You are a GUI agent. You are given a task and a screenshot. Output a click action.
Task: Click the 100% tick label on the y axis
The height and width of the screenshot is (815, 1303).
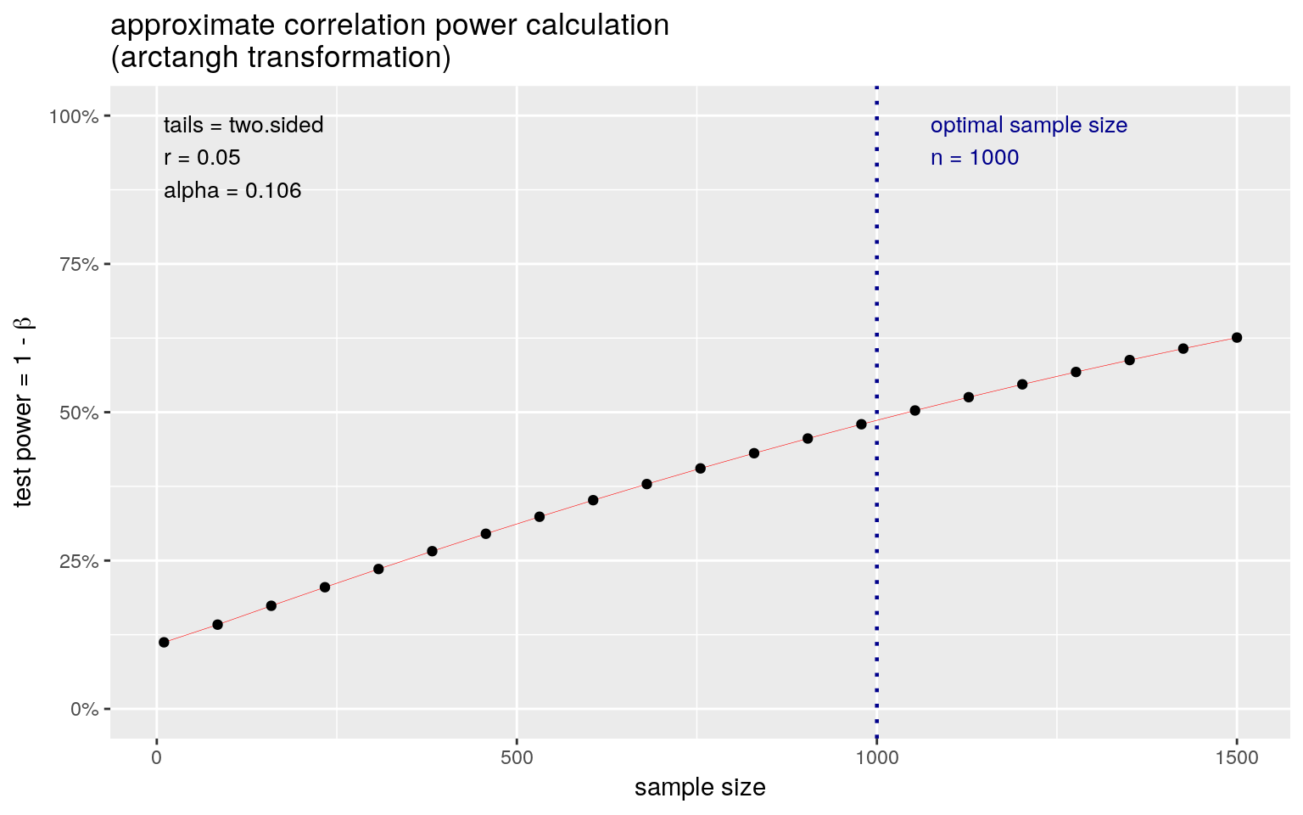click(x=74, y=116)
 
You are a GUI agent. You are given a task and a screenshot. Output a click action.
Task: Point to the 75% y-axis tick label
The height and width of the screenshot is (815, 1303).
click(x=78, y=265)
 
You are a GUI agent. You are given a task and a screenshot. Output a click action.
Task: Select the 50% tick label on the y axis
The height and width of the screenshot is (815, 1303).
click(x=78, y=413)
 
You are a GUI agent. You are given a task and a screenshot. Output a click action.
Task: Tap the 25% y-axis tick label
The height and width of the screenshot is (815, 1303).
click(x=78, y=561)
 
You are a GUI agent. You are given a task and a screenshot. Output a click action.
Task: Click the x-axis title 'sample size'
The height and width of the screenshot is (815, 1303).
click(x=700, y=788)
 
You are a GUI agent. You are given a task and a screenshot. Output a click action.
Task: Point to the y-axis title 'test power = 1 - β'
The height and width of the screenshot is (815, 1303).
click(x=23, y=413)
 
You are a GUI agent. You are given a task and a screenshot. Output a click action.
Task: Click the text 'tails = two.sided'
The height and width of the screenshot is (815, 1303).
click(x=243, y=126)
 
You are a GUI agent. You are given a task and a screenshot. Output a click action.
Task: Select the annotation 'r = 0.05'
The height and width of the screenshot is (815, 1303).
click(x=202, y=158)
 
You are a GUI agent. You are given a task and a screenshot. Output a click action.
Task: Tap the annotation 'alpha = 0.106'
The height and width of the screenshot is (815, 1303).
click(x=232, y=191)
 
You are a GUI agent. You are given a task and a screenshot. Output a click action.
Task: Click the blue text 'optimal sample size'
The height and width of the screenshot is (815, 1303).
click(x=1028, y=126)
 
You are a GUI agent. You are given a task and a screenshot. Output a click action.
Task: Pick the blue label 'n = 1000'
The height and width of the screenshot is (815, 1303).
click(x=974, y=158)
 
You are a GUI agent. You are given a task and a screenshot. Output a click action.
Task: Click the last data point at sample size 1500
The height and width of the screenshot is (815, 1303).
click(x=1237, y=337)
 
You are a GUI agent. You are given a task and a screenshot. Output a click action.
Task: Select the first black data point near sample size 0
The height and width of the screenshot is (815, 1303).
click(x=164, y=642)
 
